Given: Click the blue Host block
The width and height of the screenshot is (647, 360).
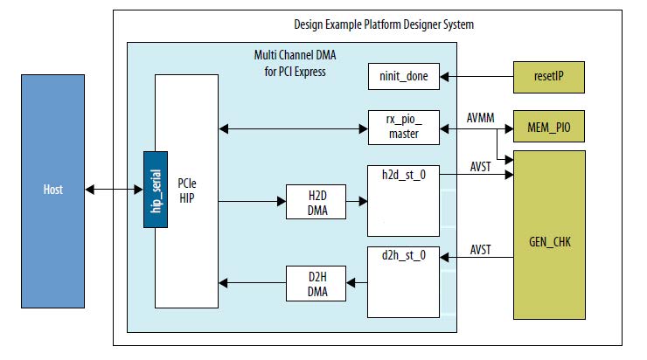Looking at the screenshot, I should click(x=53, y=190).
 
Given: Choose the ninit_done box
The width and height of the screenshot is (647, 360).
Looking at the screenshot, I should click(x=404, y=76).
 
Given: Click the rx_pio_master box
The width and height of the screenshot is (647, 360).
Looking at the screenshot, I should click(x=404, y=128).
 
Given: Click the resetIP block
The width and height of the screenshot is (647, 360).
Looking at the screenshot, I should click(x=548, y=77).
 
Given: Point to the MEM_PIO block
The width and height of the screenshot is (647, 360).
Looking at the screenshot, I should click(x=548, y=128).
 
